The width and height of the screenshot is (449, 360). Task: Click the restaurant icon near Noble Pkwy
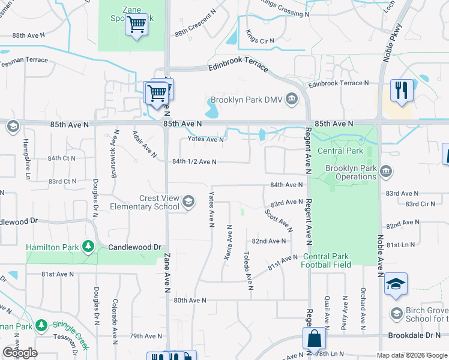tap(400, 90)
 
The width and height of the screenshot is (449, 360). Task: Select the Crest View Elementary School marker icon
tap(188, 201)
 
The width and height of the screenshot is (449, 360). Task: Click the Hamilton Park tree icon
tap(88, 247)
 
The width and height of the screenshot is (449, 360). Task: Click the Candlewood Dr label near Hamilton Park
tap(135, 247)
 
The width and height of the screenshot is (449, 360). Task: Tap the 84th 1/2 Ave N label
tap(194, 161)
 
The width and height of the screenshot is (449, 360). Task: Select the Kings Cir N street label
tap(260, 40)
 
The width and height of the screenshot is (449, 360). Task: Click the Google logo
tap(20, 353)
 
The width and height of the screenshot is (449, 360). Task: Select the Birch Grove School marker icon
tap(396, 313)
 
